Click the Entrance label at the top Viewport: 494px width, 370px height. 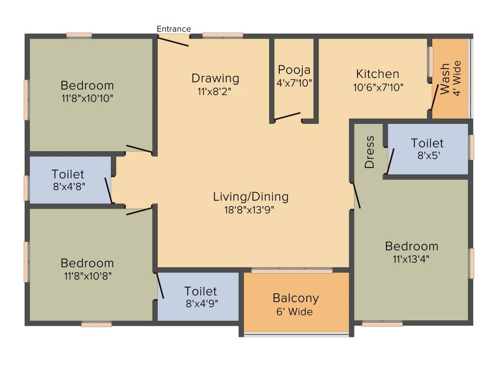pyautogui.click(x=174, y=29)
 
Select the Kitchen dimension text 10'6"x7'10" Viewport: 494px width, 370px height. pyautogui.click(x=378, y=88)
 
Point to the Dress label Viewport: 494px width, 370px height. pyautogui.click(x=370, y=152)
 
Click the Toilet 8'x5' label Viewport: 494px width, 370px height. pyautogui.click(x=427, y=143)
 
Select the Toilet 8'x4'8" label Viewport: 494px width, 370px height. pyautogui.click(x=68, y=174)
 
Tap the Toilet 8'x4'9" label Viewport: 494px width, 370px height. pyautogui.click(x=200, y=291)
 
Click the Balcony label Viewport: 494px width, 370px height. pyautogui.click(x=296, y=298)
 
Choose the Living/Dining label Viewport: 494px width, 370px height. pyautogui.click(x=251, y=197)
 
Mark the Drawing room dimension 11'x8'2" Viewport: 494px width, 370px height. pyautogui.click(x=215, y=92)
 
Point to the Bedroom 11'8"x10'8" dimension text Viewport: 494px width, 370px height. pyautogui.click(x=87, y=276)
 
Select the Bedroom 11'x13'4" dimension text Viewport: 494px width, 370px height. pyautogui.click(x=412, y=259)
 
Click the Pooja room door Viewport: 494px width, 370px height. pyautogui.click(x=288, y=117)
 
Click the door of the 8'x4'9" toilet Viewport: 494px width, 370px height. pyautogui.click(x=160, y=286)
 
